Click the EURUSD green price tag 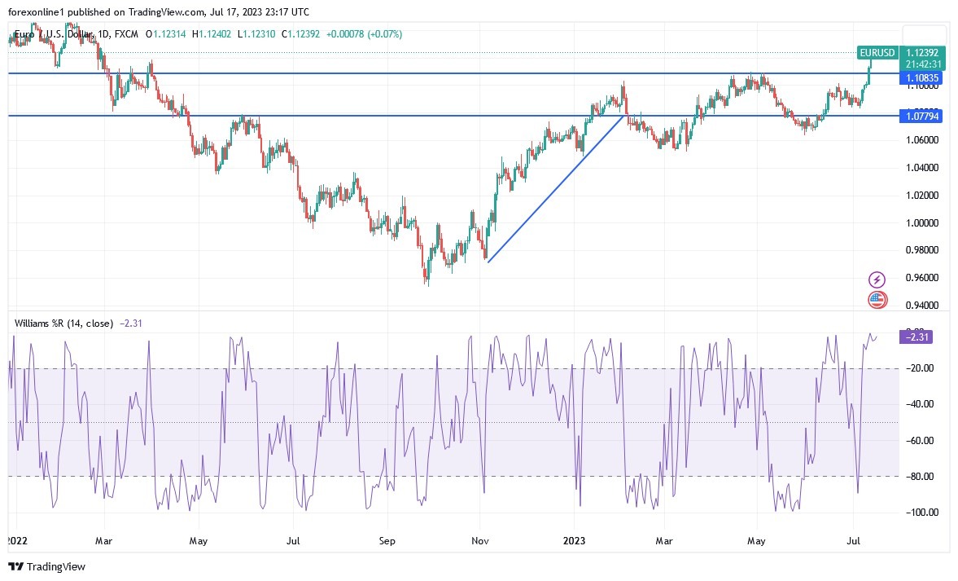(877, 53)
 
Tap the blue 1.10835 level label (924, 78)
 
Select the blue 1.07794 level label (923, 117)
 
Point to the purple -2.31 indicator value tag (916, 337)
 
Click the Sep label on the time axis (387, 539)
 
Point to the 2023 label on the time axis (574, 539)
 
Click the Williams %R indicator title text (63, 324)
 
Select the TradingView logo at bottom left (46, 566)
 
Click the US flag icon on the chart (877, 300)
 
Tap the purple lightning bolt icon (877, 279)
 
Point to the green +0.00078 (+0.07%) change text (364, 34)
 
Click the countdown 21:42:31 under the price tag (924, 64)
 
